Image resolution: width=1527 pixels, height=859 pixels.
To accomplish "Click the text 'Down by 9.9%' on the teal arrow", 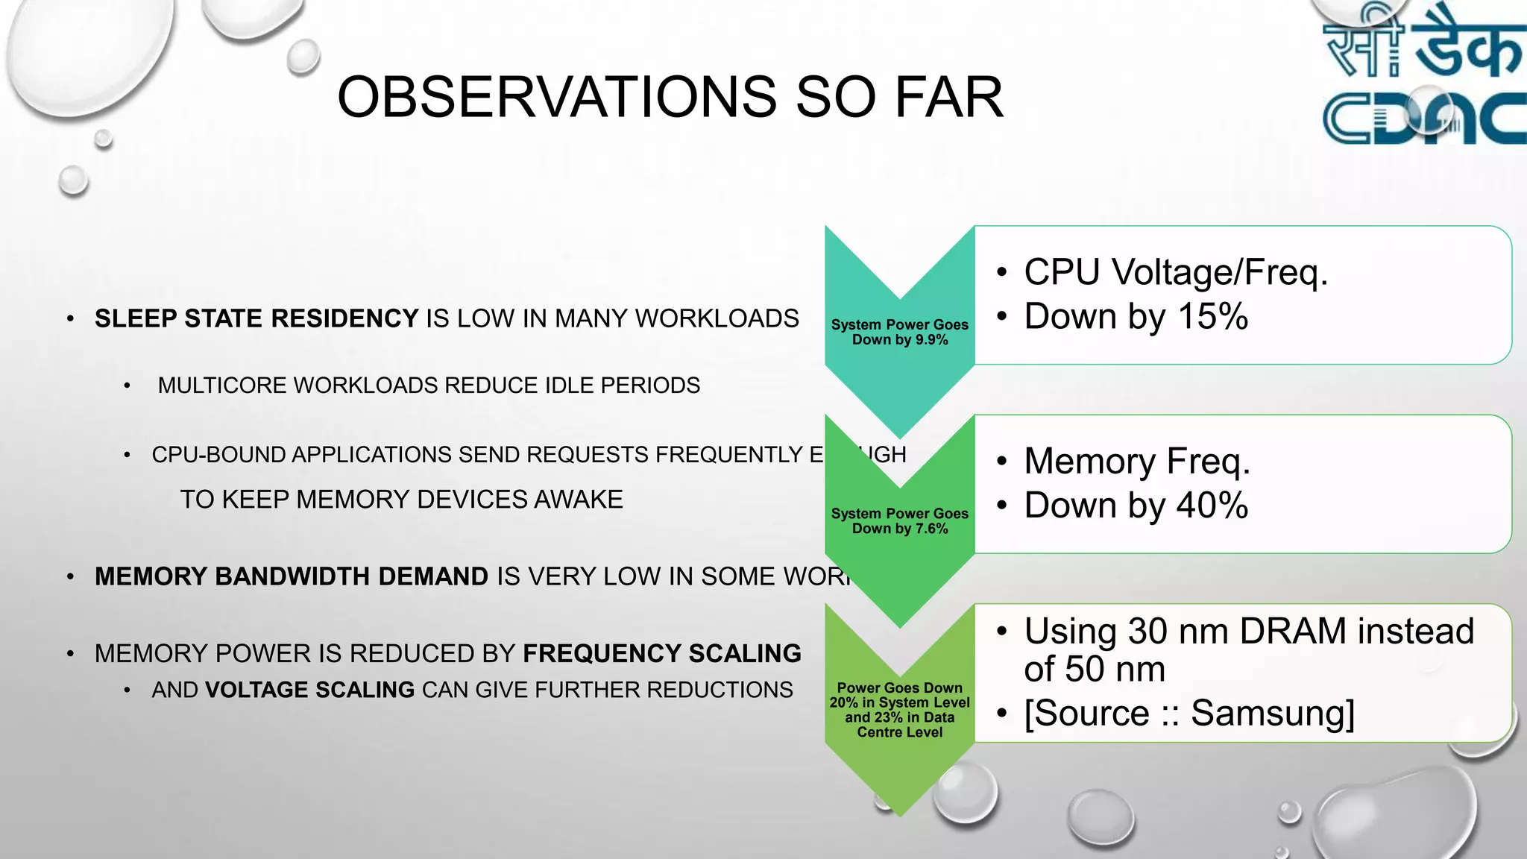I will (x=900, y=340).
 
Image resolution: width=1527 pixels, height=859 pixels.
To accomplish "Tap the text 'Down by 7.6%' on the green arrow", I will (x=900, y=529).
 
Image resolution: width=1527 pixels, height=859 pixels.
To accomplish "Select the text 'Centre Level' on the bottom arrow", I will (x=900, y=732).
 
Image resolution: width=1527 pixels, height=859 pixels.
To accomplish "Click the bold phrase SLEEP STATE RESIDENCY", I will (x=256, y=318).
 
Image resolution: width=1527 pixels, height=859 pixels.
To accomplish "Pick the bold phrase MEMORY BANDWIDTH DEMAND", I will (x=292, y=576).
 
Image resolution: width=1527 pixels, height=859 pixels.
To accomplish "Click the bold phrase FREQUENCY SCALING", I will (x=661, y=653).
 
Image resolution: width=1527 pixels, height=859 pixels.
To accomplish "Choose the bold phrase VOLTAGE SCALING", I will (x=309, y=690).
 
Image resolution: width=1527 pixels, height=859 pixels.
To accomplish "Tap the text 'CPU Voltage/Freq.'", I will (x=1176, y=271).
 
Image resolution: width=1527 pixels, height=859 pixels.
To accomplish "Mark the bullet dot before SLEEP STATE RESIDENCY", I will (x=70, y=319).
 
